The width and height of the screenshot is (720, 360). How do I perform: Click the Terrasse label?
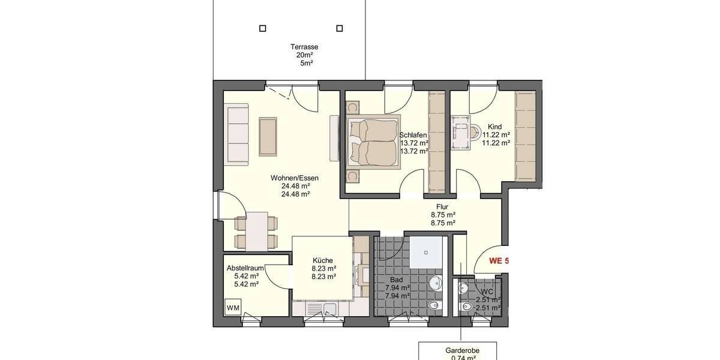tap(304, 47)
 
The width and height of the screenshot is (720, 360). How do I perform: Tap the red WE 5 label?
tap(499, 261)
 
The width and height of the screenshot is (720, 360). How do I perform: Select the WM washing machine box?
tap(233, 308)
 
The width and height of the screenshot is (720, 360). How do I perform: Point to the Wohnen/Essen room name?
tap(295, 178)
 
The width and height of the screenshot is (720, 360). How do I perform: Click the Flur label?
tap(443, 206)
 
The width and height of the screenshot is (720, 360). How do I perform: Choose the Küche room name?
tap(323, 260)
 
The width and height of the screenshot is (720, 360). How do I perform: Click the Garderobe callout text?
tap(462, 350)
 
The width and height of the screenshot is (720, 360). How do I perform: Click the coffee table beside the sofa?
tap(268, 137)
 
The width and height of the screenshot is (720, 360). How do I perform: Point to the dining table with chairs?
tap(257, 231)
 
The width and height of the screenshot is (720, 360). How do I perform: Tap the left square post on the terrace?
tap(262, 28)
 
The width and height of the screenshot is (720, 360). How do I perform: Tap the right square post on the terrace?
tap(340, 28)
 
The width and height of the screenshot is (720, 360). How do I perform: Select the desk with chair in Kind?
tap(463, 132)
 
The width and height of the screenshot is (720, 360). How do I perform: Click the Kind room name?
tap(495, 127)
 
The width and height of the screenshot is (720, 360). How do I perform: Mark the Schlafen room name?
tap(413, 135)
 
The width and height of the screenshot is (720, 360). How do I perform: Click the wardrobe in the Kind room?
tap(525, 136)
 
